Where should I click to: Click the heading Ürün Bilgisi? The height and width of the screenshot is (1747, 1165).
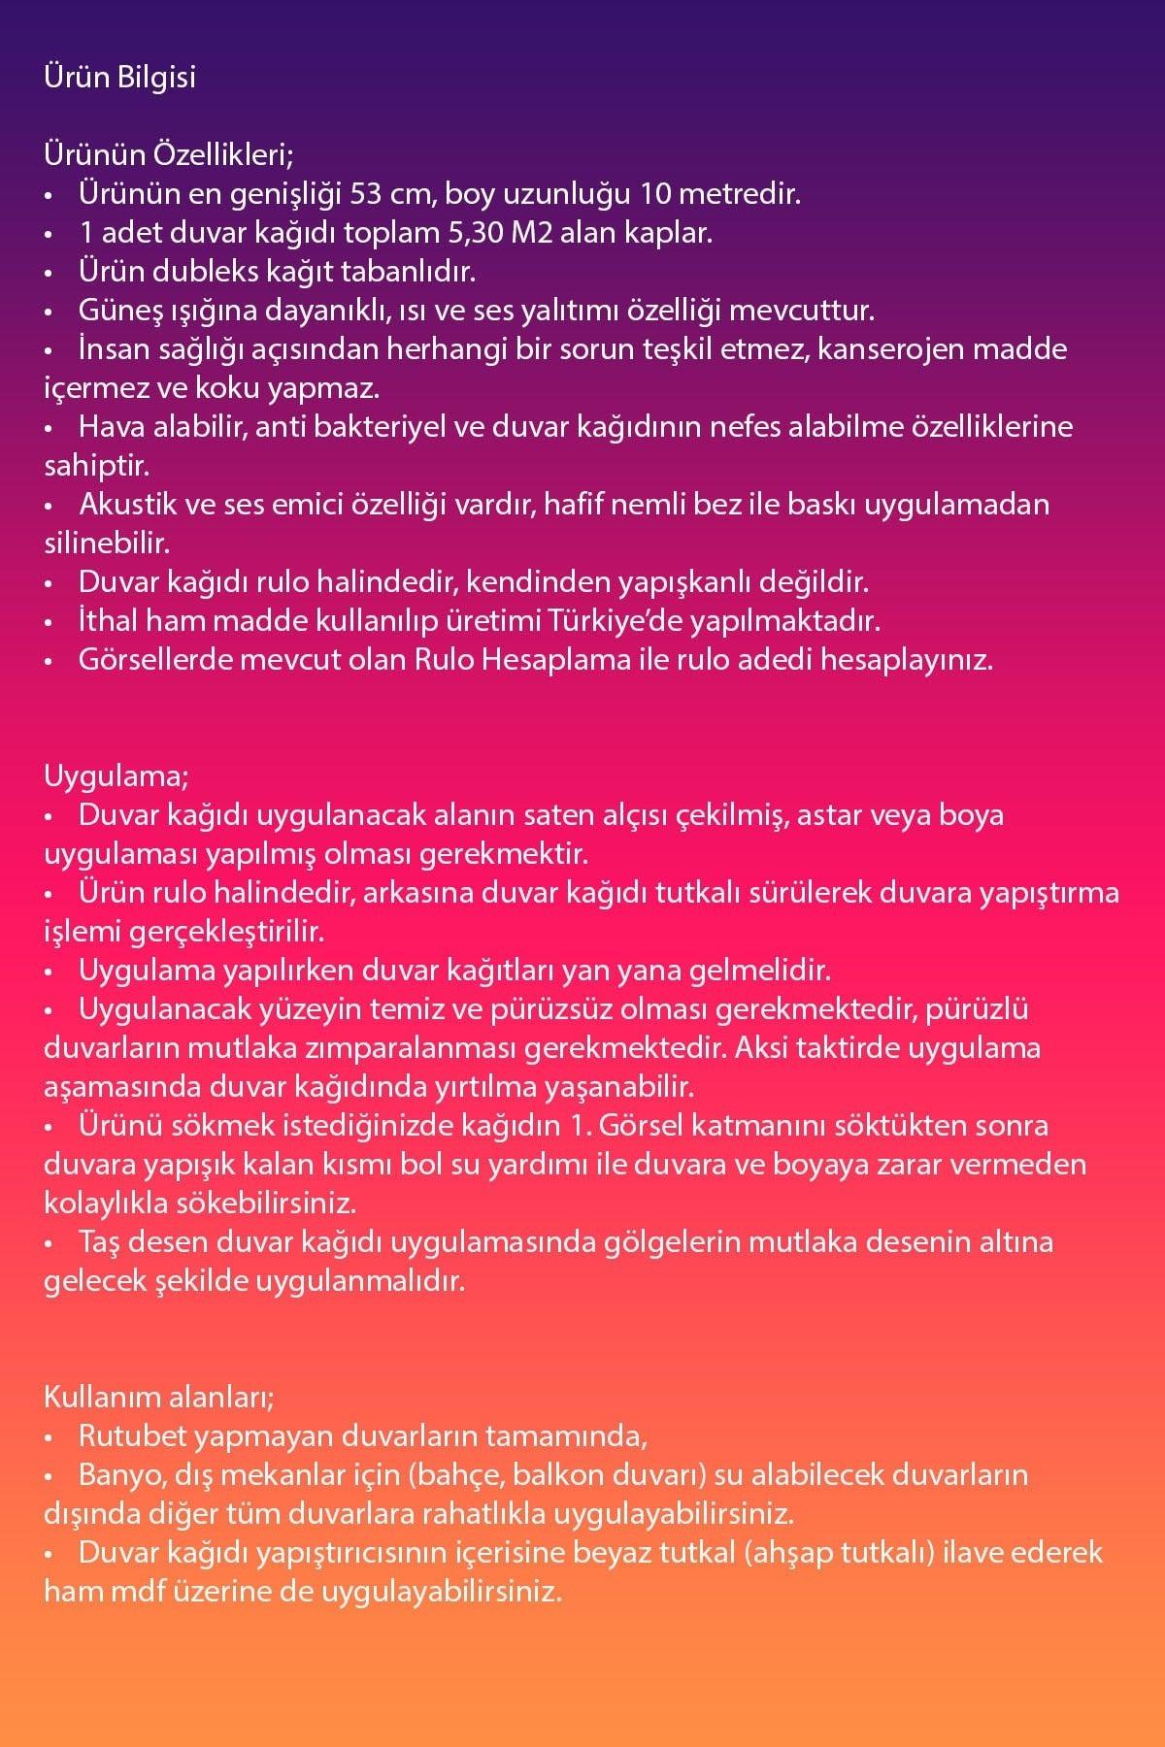tap(119, 78)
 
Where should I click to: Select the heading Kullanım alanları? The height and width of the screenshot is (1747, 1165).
tap(159, 1398)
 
